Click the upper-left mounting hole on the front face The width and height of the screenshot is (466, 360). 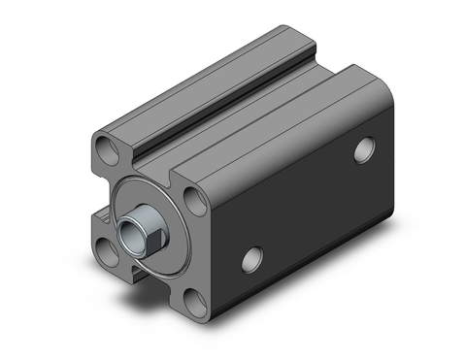106,150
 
